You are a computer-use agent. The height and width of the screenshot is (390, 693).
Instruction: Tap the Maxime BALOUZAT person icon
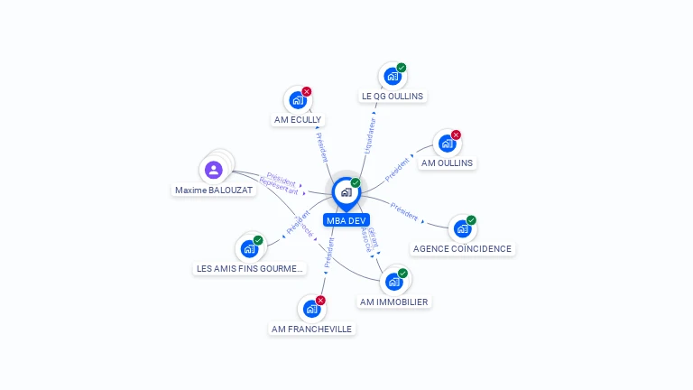pos(213,170)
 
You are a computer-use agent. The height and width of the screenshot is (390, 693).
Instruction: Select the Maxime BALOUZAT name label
pos(214,190)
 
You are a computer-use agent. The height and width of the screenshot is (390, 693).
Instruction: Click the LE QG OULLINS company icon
pos(392,77)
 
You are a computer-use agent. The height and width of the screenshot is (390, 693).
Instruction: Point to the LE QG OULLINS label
pos(392,96)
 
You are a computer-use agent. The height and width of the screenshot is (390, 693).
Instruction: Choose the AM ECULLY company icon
pos(297,101)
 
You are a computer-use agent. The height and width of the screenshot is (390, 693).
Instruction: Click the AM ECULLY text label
pos(298,119)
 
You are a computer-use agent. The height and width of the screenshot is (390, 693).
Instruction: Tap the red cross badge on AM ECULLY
pos(307,91)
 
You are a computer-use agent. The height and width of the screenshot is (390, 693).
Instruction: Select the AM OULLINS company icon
pos(447,144)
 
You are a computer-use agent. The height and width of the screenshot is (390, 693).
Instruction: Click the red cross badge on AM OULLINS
pos(456,135)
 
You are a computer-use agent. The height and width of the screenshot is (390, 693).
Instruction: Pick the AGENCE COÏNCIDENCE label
pos(462,248)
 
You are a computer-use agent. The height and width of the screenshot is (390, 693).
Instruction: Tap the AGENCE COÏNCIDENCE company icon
pos(462,229)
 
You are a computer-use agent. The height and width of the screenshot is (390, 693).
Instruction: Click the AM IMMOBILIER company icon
pos(393,282)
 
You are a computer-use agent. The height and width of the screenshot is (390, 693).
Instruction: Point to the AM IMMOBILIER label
pos(393,302)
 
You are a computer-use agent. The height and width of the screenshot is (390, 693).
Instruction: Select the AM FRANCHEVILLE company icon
pos(311,310)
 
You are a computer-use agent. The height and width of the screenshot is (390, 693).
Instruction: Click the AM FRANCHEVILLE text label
pos(312,329)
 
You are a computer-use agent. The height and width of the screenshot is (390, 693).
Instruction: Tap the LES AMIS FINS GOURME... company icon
pos(249,249)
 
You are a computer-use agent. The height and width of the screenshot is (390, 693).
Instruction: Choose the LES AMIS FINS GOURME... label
pos(251,268)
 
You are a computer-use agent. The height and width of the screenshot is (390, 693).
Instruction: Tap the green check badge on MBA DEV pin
pos(356,183)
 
